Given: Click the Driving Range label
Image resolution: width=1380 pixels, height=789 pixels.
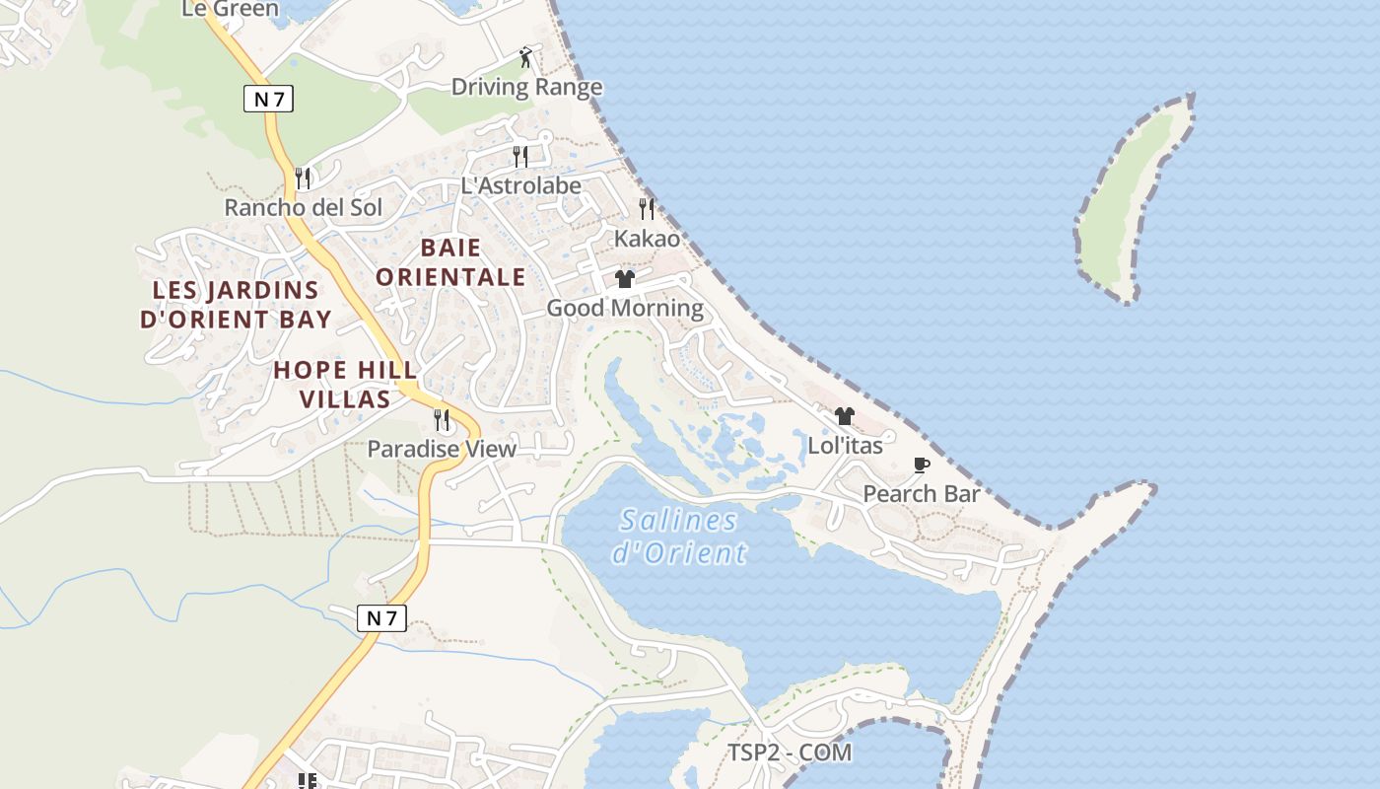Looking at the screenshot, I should point(526,87).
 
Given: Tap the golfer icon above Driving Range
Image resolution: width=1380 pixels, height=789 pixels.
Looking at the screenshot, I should point(526,57).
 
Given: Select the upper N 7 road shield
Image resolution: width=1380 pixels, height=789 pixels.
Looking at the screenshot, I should point(269,99).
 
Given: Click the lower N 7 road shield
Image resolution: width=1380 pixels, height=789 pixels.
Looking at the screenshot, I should point(381,618).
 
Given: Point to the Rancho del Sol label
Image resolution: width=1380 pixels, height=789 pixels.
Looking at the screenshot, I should point(304,208).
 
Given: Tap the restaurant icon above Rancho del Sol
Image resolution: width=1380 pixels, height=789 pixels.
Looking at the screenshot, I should point(303,179).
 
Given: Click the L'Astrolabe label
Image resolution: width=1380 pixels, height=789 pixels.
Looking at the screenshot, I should point(521,185).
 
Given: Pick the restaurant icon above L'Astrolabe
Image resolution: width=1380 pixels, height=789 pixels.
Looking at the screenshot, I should point(520,156).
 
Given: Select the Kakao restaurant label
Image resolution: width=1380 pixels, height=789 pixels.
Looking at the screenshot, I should point(647,239).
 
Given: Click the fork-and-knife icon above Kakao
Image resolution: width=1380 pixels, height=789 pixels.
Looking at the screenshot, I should point(647,208).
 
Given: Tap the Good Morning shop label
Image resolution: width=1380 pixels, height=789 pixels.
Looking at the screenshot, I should point(625,308).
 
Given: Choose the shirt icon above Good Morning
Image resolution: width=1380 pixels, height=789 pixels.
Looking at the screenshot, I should point(625,279).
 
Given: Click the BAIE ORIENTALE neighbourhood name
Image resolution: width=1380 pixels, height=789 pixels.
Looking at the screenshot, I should point(450,262).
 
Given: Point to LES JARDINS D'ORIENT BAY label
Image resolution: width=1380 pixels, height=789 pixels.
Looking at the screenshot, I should point(236,305).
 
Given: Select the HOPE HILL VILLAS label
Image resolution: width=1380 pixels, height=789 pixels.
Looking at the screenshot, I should point(345,385).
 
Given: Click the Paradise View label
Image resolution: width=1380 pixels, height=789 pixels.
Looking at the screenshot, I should point(442,450).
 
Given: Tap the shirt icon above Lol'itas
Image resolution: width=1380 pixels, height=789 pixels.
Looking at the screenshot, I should point(845,416).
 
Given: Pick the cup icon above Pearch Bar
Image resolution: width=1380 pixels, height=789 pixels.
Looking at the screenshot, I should point(922,465).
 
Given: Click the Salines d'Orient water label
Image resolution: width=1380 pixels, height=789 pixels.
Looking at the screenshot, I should point(679,536).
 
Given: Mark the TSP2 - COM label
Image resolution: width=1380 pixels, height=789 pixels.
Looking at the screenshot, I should point(790,753).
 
